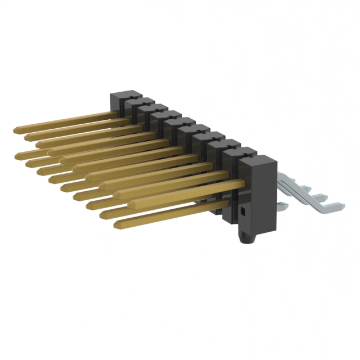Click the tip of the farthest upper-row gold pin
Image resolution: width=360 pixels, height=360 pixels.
click(15, 130)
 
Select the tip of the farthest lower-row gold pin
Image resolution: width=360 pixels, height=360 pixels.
click(17, 153)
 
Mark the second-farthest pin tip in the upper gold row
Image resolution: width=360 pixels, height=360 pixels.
click(25, 137)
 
